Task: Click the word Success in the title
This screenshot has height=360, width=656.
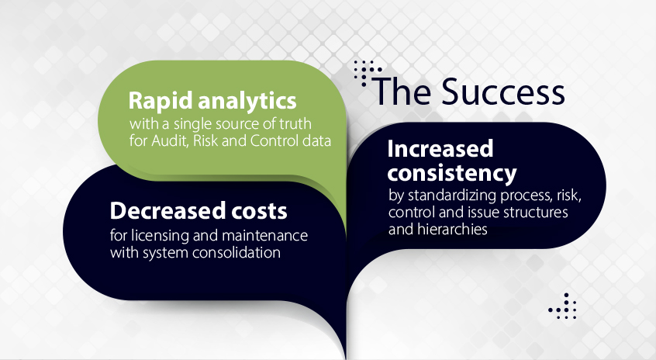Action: click(503, 92)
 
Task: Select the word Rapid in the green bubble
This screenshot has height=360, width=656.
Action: click(161, 102)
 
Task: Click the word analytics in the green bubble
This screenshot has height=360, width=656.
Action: click(247, 101)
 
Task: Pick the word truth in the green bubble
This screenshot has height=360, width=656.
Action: click(295, 123)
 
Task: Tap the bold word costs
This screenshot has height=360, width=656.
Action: click(260, 211)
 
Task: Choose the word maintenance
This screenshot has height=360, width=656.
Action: click(265, 236)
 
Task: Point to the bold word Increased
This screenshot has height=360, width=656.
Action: click(440, 149)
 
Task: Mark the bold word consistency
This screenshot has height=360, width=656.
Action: click(452, 173)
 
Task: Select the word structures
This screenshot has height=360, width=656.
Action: click(536, 213)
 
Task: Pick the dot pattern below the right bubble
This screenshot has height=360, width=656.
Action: click(563, 306)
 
